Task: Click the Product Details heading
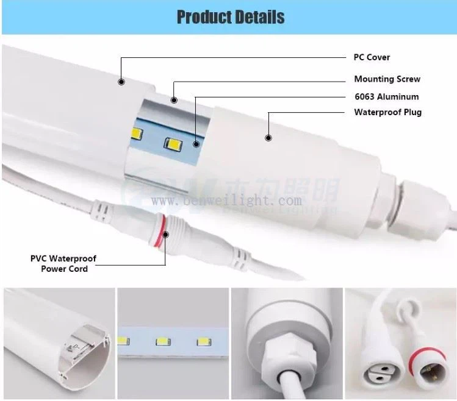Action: (230, 17)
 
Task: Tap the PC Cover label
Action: (372, 57)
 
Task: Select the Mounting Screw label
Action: (387, 79)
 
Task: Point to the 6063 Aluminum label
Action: (386, 96)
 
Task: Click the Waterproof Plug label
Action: (387, 112)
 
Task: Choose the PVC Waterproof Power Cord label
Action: (63, 264)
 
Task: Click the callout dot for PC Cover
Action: (121, 81)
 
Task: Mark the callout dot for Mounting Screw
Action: (174, 101)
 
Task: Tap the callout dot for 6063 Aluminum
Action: (196, 144)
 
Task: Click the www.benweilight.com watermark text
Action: (227, 201)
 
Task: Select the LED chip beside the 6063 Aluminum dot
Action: (173, 144)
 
